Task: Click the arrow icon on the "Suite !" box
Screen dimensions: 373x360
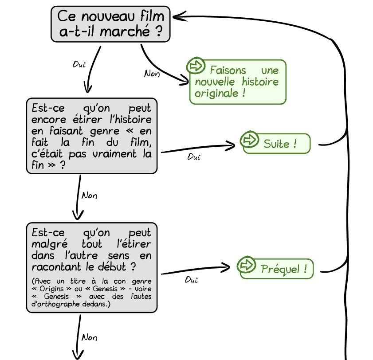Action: point(249,140)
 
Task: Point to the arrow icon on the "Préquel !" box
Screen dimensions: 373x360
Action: point(246,265)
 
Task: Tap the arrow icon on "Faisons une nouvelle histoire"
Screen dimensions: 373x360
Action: point(196,66)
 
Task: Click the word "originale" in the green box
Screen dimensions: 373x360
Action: point(216,93)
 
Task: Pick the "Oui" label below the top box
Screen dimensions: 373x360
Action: point(79,64)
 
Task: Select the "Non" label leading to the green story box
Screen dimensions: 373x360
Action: point(152,74)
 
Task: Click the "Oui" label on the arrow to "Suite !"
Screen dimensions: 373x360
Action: point(194,157)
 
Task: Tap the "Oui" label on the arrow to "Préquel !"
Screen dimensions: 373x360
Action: point(191,280)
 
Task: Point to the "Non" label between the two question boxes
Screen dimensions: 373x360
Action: point(89,196)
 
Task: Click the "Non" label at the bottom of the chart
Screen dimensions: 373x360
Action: point(89,337)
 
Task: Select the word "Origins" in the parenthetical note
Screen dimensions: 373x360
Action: point(51,289)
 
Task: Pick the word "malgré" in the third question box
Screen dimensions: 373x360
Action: point(50,244)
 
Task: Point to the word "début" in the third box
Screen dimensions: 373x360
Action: point(112,266)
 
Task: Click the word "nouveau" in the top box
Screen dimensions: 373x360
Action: point(108,16)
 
